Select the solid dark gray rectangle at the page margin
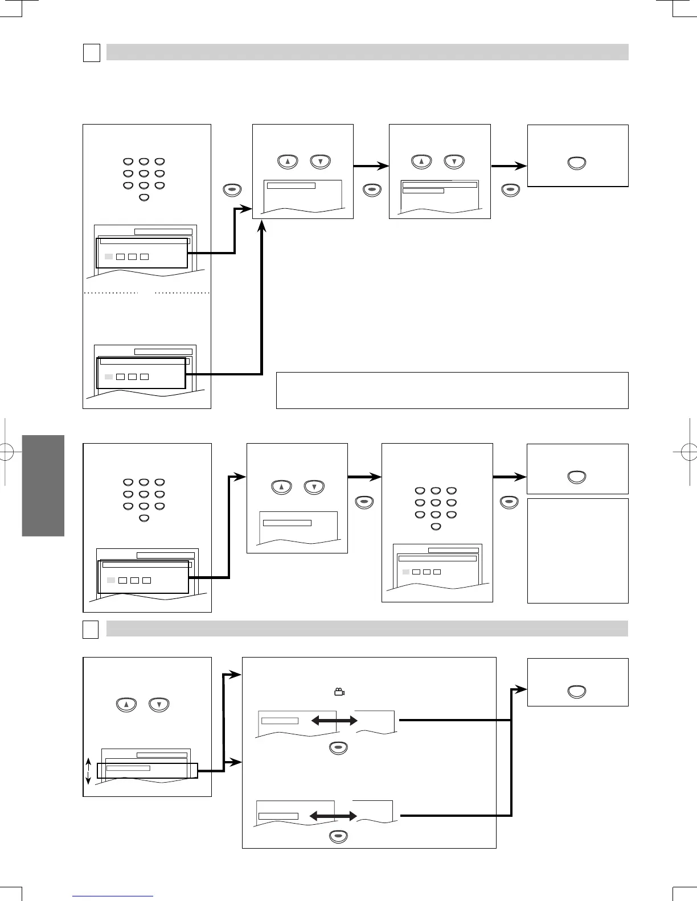point(43,486)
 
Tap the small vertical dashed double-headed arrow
point(88,771)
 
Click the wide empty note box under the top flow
point(452,390)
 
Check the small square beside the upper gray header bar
point(92,52)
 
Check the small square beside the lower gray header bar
point(91,629)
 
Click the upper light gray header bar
point(367,52)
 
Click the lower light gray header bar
point(367,629)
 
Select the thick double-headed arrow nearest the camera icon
point(334,721)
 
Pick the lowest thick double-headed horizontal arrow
point(333,816)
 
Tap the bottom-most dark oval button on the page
point(338,836)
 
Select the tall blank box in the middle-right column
point(577,551)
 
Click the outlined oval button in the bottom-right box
point(577,692)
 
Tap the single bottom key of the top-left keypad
point(144,197)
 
